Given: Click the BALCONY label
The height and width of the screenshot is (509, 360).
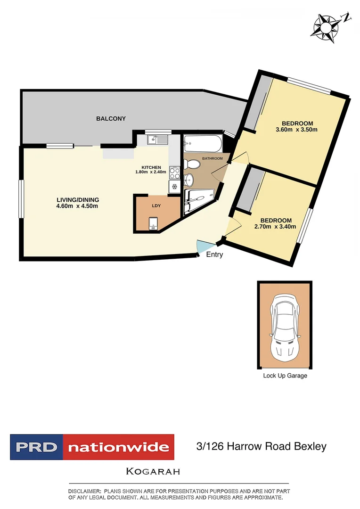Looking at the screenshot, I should click(111, 119).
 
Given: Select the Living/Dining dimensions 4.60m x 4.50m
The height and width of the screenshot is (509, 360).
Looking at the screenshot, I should click(77, 205).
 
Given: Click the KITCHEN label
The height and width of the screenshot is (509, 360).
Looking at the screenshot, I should click(151, 167).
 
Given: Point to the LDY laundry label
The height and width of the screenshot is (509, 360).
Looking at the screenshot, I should click(156, 206).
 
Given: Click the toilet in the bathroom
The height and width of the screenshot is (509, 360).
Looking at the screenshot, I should click(193, 164).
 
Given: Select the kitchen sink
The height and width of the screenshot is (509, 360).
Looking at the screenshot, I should click(157, 140).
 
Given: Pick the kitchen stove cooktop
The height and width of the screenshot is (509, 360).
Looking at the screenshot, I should click(174, 173).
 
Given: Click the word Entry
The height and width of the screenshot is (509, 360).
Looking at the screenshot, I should click(214, 255).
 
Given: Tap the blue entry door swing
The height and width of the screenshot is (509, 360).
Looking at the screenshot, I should click(204, 247).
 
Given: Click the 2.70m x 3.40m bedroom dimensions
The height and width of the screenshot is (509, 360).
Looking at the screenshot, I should click(276, 227).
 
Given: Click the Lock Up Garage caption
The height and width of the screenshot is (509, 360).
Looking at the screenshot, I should click(285, 376).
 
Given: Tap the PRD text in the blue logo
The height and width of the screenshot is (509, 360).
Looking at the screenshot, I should click(36, 447).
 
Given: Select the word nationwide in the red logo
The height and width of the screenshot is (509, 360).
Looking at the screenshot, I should click(118, 447).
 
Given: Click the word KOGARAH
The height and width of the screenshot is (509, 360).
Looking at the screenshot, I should click(153, 471).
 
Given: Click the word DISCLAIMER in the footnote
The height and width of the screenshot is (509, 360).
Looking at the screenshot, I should click(85, 491).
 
